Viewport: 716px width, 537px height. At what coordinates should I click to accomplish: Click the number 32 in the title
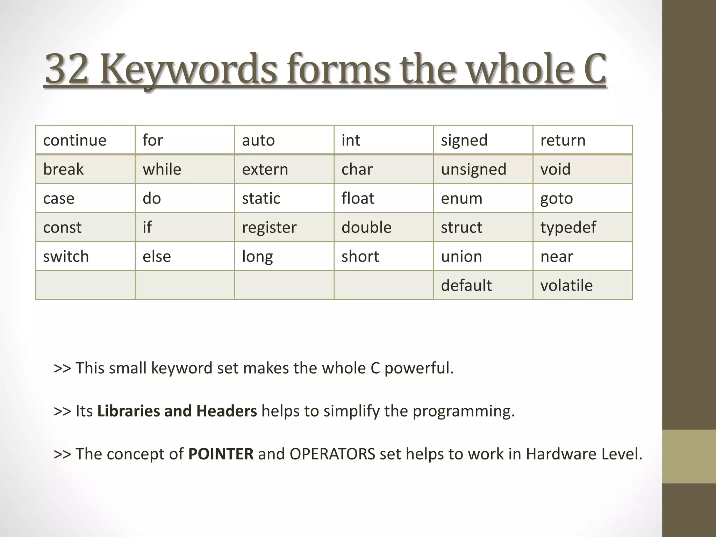(x=66, y=69)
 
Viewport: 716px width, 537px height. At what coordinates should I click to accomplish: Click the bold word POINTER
(x=221, y=454)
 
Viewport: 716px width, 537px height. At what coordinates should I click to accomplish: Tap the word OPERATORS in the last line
(x=332, y=454)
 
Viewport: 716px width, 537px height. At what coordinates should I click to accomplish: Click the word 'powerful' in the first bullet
(x=419, y=368)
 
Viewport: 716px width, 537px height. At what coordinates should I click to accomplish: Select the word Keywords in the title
(x=189, y=69)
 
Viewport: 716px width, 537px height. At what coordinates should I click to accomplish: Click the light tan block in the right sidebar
(x=689, y=456)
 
